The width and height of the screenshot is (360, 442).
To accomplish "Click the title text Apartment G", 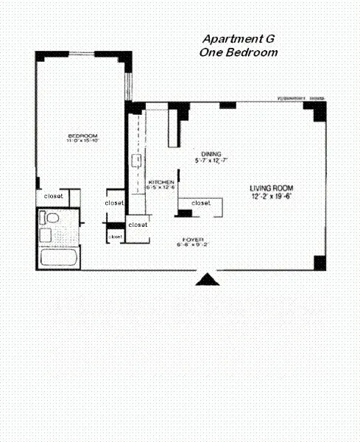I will click(x=238, y=40).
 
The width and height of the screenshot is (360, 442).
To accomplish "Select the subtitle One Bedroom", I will click(x=238, y=52).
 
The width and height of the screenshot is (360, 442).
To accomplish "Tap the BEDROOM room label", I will click(x=82, y=136).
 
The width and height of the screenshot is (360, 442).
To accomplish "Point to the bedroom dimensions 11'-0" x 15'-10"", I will click(x=82, y=142).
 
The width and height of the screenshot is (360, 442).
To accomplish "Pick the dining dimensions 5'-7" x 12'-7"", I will click(x=212, y=160).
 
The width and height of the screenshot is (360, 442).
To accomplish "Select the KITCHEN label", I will click(x=161, y=182).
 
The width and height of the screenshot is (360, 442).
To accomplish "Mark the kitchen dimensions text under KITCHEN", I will click(x=162, y=189).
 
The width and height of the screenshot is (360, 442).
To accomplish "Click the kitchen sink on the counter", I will click(x=136, y=161).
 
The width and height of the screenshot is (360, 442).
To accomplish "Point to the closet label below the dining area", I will click(x=200, y=203).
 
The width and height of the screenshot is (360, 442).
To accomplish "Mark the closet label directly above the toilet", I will click(x=53, y=197).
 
